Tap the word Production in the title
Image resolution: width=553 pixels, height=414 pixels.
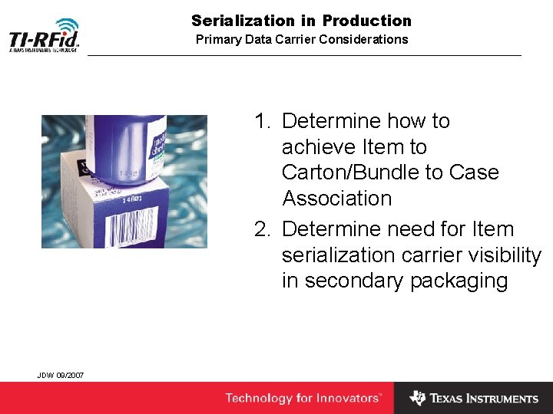tap(367, 21)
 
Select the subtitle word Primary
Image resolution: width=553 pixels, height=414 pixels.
tap(220, 39)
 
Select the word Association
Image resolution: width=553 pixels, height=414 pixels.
tap(336, 199)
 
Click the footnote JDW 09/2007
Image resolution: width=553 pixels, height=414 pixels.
tap(61, 375)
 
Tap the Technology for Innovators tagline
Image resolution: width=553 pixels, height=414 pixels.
tap(303, 398)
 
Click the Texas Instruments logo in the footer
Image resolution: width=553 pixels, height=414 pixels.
tap(473, 398)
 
